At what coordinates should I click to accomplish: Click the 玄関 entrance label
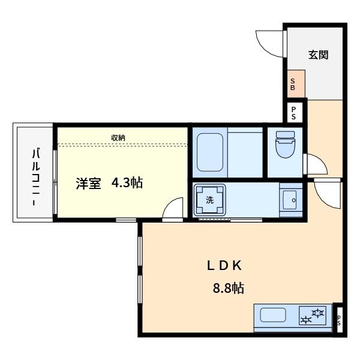click(x=318, y=55)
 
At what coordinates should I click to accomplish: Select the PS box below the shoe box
click(x=294, y=112)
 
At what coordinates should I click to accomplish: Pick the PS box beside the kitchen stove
click(x=338, y=321)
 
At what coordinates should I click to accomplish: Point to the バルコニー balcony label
click(x=36, y=174)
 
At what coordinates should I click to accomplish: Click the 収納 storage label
click(x=118, y=138)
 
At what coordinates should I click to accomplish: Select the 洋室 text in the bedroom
click(x=88, y=184)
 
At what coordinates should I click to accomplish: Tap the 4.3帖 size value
click(x=127, y=184)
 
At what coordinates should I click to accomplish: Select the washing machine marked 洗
click(x=210, y=200)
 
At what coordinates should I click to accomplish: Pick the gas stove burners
click(x=313, y=316)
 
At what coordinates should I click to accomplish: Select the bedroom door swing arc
click(x=173, y=209)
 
